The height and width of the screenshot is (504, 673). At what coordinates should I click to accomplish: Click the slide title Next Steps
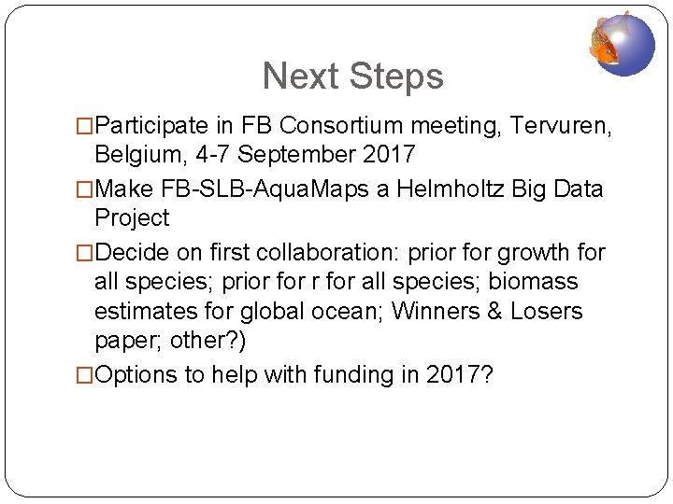352,77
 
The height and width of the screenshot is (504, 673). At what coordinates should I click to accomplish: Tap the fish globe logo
623,42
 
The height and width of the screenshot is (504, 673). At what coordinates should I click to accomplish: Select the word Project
132,218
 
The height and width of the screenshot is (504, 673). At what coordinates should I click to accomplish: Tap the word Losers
546,311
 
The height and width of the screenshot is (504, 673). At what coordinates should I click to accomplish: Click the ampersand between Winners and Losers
494,311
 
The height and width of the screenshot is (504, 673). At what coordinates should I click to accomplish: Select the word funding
345,375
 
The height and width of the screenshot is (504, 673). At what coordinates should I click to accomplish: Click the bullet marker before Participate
87,123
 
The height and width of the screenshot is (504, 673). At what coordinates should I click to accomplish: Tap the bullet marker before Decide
87,254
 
